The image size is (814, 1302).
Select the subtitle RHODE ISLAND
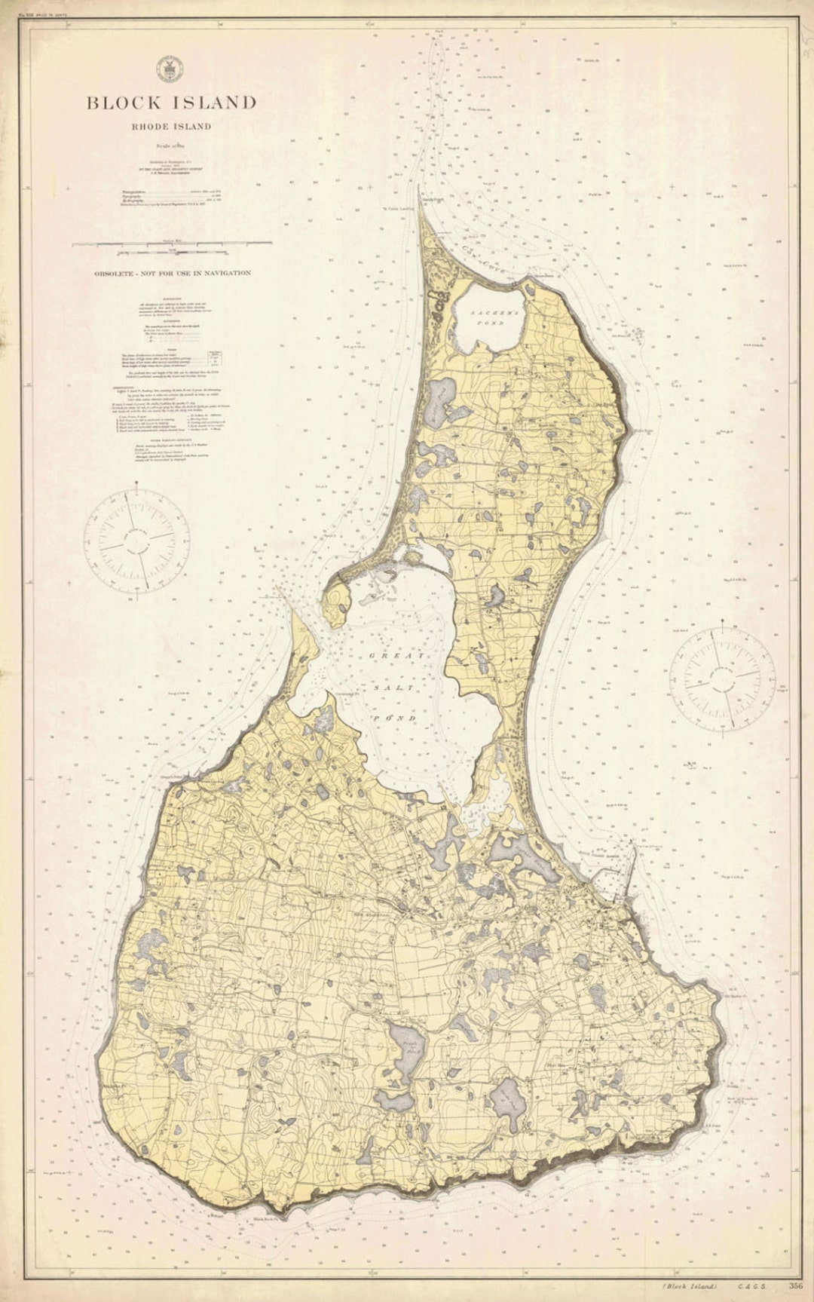[x=171, y=127]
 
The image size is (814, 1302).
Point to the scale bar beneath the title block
[x=173, y=244]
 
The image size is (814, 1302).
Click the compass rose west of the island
[x=136, y=541]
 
